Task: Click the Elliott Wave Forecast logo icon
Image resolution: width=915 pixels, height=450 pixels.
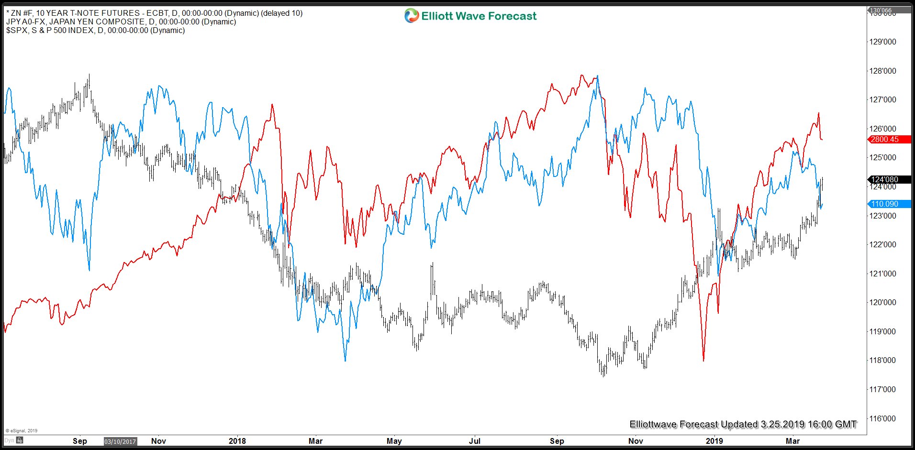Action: click(x=411, y=16)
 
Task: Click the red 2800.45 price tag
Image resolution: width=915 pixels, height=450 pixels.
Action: click(x=885, y=139)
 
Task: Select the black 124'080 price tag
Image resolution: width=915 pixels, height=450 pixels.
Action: click(x=885, y=179)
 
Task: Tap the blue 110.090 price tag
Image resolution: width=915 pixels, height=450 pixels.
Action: click(x=885, y=204)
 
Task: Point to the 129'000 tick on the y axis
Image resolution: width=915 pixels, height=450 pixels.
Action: click(x=882, y=42)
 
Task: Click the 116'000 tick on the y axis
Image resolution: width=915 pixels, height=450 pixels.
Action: click(x=882, y=418)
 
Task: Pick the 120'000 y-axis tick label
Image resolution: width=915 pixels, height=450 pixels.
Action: click(x=882, y=302)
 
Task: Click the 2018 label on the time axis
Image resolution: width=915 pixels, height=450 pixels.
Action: click(x=237, y=440)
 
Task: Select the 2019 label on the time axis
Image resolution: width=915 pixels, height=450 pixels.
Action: click(x=714, y=440)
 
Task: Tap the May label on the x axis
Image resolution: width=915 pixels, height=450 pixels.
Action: click(x=394, y=440)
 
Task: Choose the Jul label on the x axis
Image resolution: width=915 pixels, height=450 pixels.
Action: click(x=475, y=440)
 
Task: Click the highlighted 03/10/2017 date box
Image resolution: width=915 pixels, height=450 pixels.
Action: click(x=121, y=441)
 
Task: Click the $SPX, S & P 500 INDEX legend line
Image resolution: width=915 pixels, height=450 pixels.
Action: click(x=95, y=30)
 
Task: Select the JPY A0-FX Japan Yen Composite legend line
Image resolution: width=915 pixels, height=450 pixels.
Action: click(x=121, y=22)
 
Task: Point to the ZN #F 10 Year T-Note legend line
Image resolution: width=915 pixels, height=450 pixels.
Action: click(x=154, y=13)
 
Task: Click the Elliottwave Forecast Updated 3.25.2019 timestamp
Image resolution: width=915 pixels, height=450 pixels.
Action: click(x=743, y=424)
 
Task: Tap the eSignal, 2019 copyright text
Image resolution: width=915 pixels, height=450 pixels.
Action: click(x=22, y=430)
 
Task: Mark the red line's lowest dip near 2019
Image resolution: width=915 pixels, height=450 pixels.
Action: click(x=703, y=360)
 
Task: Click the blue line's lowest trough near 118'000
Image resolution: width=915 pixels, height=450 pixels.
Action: click(x=345, y=360)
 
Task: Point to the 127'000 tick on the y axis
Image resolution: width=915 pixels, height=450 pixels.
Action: click(x=882, y=99)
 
